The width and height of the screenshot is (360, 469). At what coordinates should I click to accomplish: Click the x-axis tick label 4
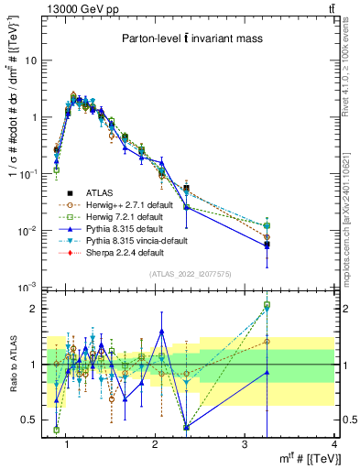(x=334, y=445)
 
